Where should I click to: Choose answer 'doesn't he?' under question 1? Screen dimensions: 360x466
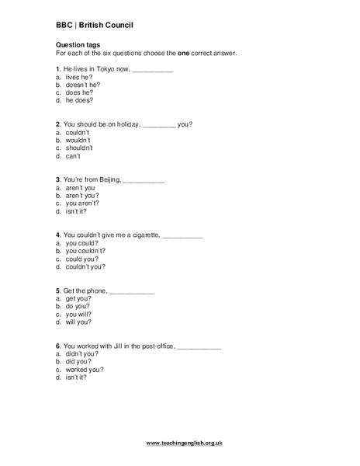(x=82, y=85)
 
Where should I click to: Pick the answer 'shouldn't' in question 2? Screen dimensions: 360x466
(x=79, y=148)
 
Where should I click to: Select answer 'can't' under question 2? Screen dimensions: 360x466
(x=74, y=156)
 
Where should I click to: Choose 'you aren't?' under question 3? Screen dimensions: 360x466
(x=82, y=203)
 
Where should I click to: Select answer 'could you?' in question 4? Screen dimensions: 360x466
(x=81, y=258)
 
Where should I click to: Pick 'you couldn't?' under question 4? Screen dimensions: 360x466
(x=85, y=250)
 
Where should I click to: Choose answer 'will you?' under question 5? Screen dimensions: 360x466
(x=78, y=322)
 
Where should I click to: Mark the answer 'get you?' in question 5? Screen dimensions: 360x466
(x=78, y=298)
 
